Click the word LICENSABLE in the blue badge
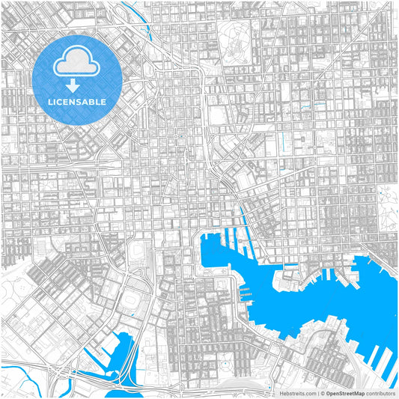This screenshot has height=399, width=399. (78, 101)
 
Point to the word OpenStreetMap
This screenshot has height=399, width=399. (344, 392)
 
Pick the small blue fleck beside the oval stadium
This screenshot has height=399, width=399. (132, 314)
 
